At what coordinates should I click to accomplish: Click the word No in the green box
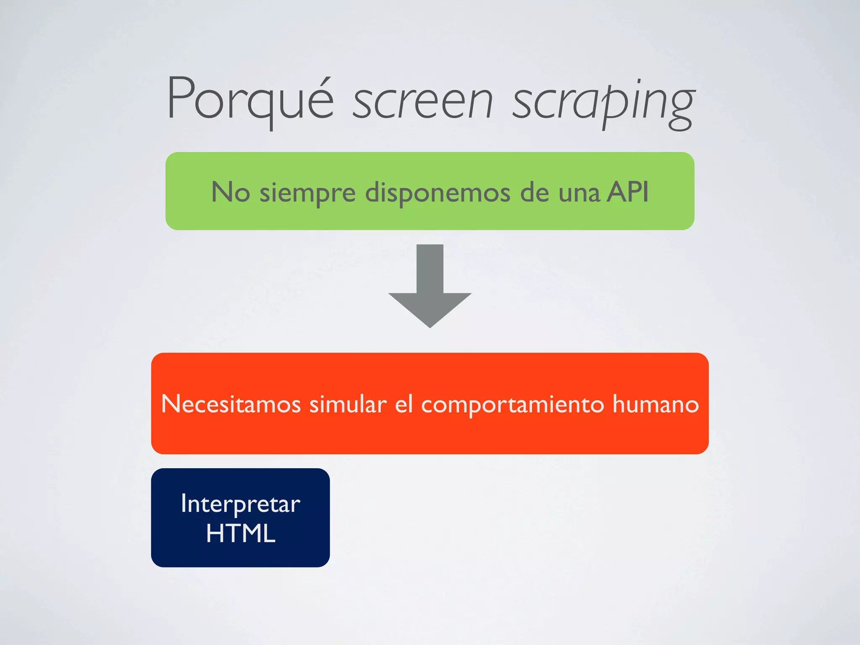pyautogui.click(x=231, y=192)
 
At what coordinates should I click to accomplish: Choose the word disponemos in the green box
pyautogui.click(x=438, y=193)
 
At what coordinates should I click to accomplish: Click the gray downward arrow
pyautogui.click(x=430, y=290)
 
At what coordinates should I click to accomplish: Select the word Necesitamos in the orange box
pyautogui.click(x=231, y=404)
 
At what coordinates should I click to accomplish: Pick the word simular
pyautogui.click(x=348, y=404)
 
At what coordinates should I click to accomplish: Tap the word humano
pyautogui.click(x=655, y=404)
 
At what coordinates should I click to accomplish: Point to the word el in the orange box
pyautogui.click(x=404, y=404)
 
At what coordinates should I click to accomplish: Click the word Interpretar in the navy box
pyautogui.click(x=241, y=504)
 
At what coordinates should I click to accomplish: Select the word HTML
pyautogui.click(x=241, y=533)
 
